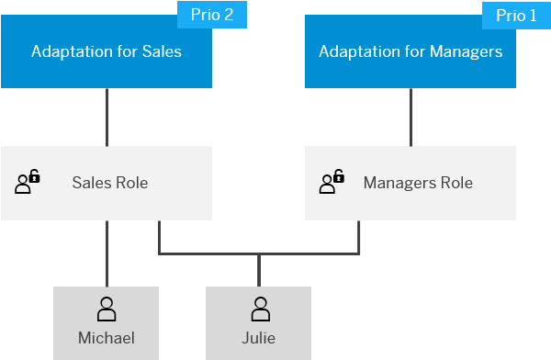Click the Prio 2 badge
click(x=212, y=15)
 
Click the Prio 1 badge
click(x=516, y=16)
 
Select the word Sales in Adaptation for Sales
click(x=162, y=51)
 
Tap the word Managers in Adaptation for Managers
click(x=466, y=52)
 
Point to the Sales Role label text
click(x=110, y=183)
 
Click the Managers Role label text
click(x=418, y=183)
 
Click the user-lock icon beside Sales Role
click(x=28, y=182)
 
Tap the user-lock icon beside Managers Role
click(x=332, y=182)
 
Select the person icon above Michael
click(x=107, y=309)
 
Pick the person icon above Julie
click(x=261, y=309)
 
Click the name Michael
click(x=107, y=338)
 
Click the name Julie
click(x=259, y=338)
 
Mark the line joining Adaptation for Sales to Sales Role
click(x=107, y=117)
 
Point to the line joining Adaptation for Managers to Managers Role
click(x=410, y=117)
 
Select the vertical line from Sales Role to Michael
click(x=107, y=253)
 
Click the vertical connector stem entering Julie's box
click(x=259, y=270)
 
